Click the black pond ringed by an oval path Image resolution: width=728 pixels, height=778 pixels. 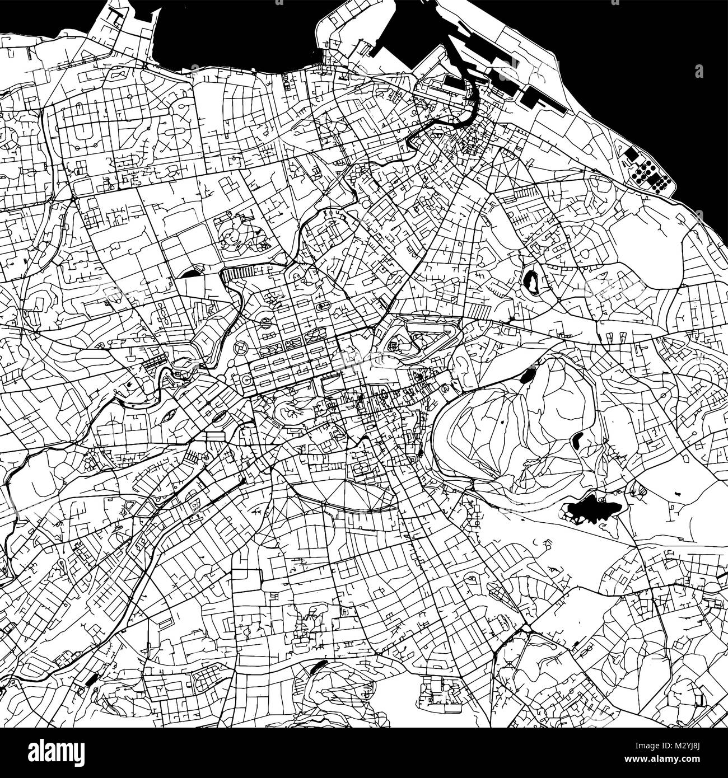pyautogui.click(x=530, y=279)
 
